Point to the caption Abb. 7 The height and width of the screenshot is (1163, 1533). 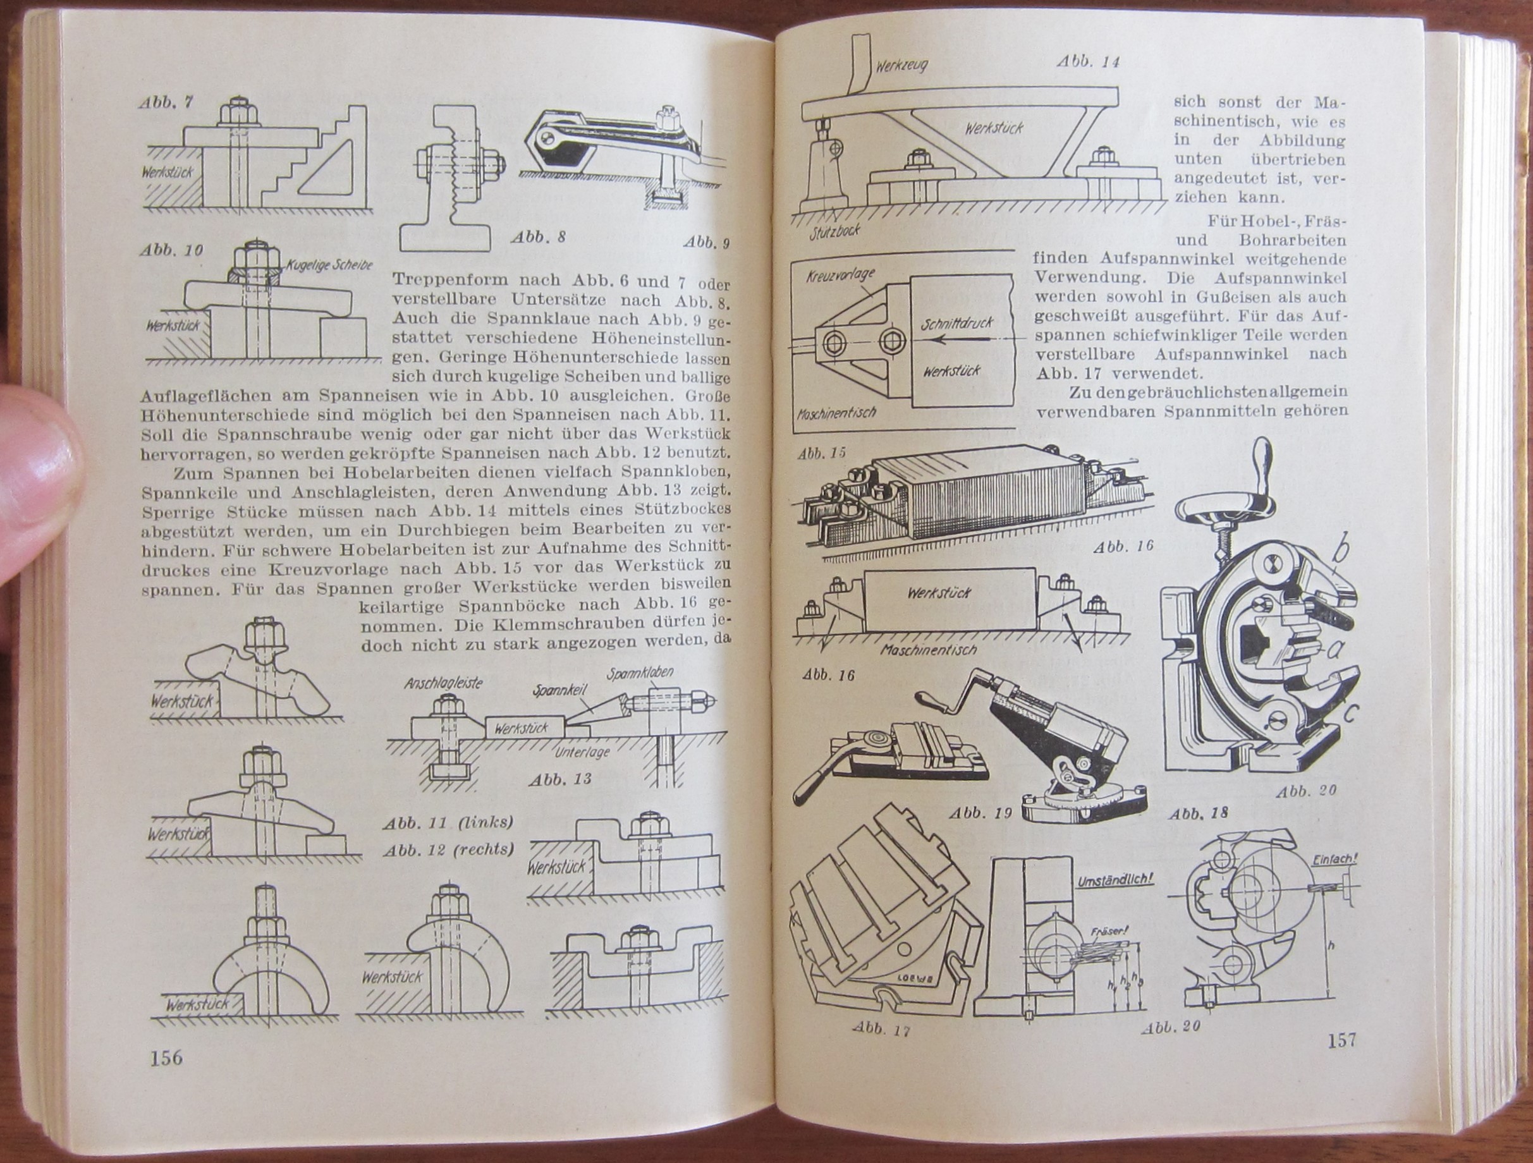[x=166, y=102]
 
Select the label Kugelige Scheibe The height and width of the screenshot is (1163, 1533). [x=329, y=264]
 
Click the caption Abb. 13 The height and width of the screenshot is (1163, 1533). [x=560, y=780]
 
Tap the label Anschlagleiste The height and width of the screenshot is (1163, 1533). [x=444, y=683]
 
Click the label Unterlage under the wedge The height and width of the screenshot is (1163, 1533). [x=583, y=752]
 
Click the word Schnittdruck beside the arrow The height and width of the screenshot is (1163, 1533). [x=958, y=324]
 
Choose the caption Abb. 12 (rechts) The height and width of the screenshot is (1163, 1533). [x=448, y=849]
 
